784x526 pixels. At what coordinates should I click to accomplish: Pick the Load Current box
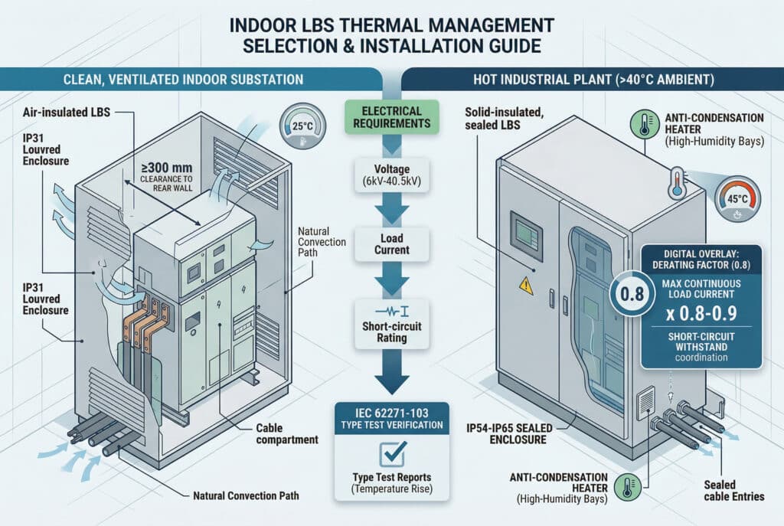pyautogui.click(x=391, y=243)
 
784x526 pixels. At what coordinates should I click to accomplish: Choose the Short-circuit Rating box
pyautogui.click(x=391, y=327)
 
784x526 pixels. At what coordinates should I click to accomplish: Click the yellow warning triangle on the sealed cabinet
pyautogui.click(x=526, y=285)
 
